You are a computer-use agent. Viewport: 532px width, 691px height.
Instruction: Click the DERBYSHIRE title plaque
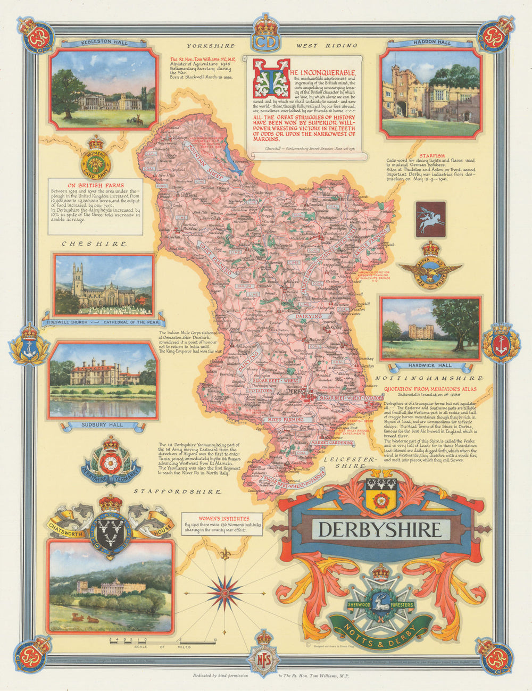pyautogui.click(x=380, y=529)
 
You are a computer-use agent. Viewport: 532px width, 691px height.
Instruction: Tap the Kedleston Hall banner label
pyautogui.click(x=104, y=43)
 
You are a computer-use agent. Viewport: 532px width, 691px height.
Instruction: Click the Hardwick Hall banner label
pyautogui.click(x=430, y=366)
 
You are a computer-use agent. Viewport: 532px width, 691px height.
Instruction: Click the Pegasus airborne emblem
pyautogui.click(x=430, y=219)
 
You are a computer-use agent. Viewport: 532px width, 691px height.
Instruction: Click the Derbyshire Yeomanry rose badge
pyautogui.click(x=111, y=463)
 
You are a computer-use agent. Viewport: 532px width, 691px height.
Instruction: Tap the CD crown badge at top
pyautogui.click(x=265, y=35)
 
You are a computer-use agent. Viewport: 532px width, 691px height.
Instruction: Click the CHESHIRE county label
pyautogui.click(x=95, y=244)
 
